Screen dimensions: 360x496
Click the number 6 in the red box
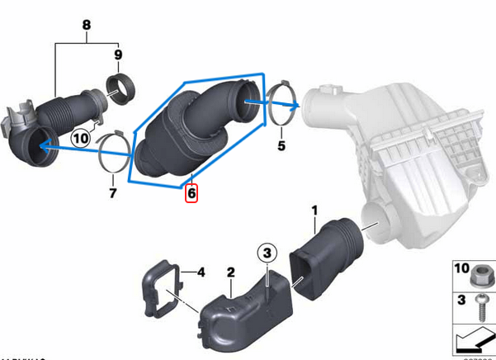click(191, 193)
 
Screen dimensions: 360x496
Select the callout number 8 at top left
click(86, 26)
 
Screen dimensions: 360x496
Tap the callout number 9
click(118, 55)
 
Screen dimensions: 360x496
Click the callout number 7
click(113, 193)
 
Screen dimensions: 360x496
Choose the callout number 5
click(281, 147)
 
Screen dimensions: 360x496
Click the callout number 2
click(231, 272)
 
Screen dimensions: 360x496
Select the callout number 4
click(200, 271)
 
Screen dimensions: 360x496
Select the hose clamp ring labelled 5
click(281, 107)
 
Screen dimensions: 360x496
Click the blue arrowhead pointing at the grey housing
click(294, 105)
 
